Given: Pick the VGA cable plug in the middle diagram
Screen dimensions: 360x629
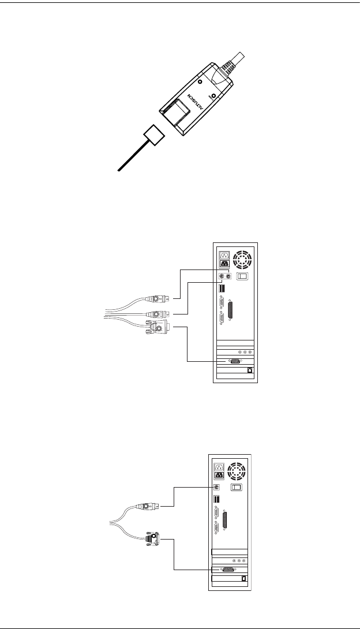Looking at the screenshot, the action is pos(157,330).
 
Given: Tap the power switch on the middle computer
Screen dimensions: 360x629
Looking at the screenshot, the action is pos(243,276).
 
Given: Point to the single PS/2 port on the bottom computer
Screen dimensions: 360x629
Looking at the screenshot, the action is pos(216,488).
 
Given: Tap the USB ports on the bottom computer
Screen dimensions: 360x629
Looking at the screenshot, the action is pos(216,500).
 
